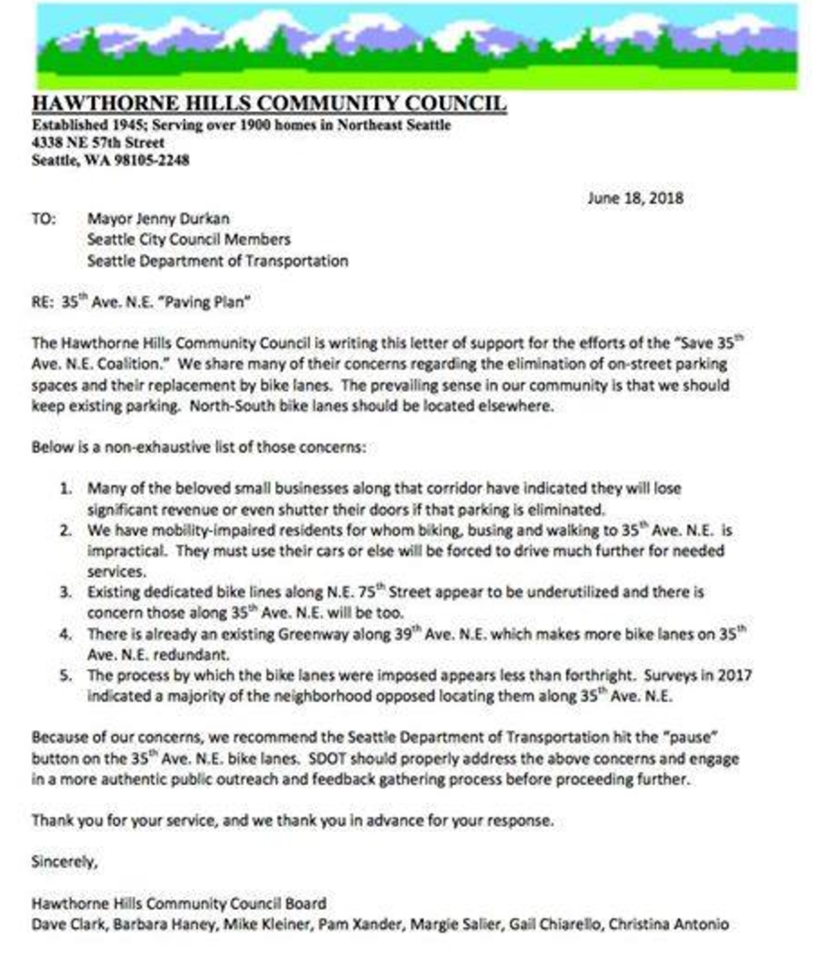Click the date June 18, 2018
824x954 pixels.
point(635,197)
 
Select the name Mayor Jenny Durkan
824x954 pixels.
point(154,219)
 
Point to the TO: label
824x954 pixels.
point(44,219)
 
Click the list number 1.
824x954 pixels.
point(66,488)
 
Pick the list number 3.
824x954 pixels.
point(66,593)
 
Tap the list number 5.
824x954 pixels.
point(66,676)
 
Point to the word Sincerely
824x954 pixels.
point(64,860)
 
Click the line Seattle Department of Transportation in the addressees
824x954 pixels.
point(218,261)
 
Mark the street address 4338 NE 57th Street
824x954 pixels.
point(97,143)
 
